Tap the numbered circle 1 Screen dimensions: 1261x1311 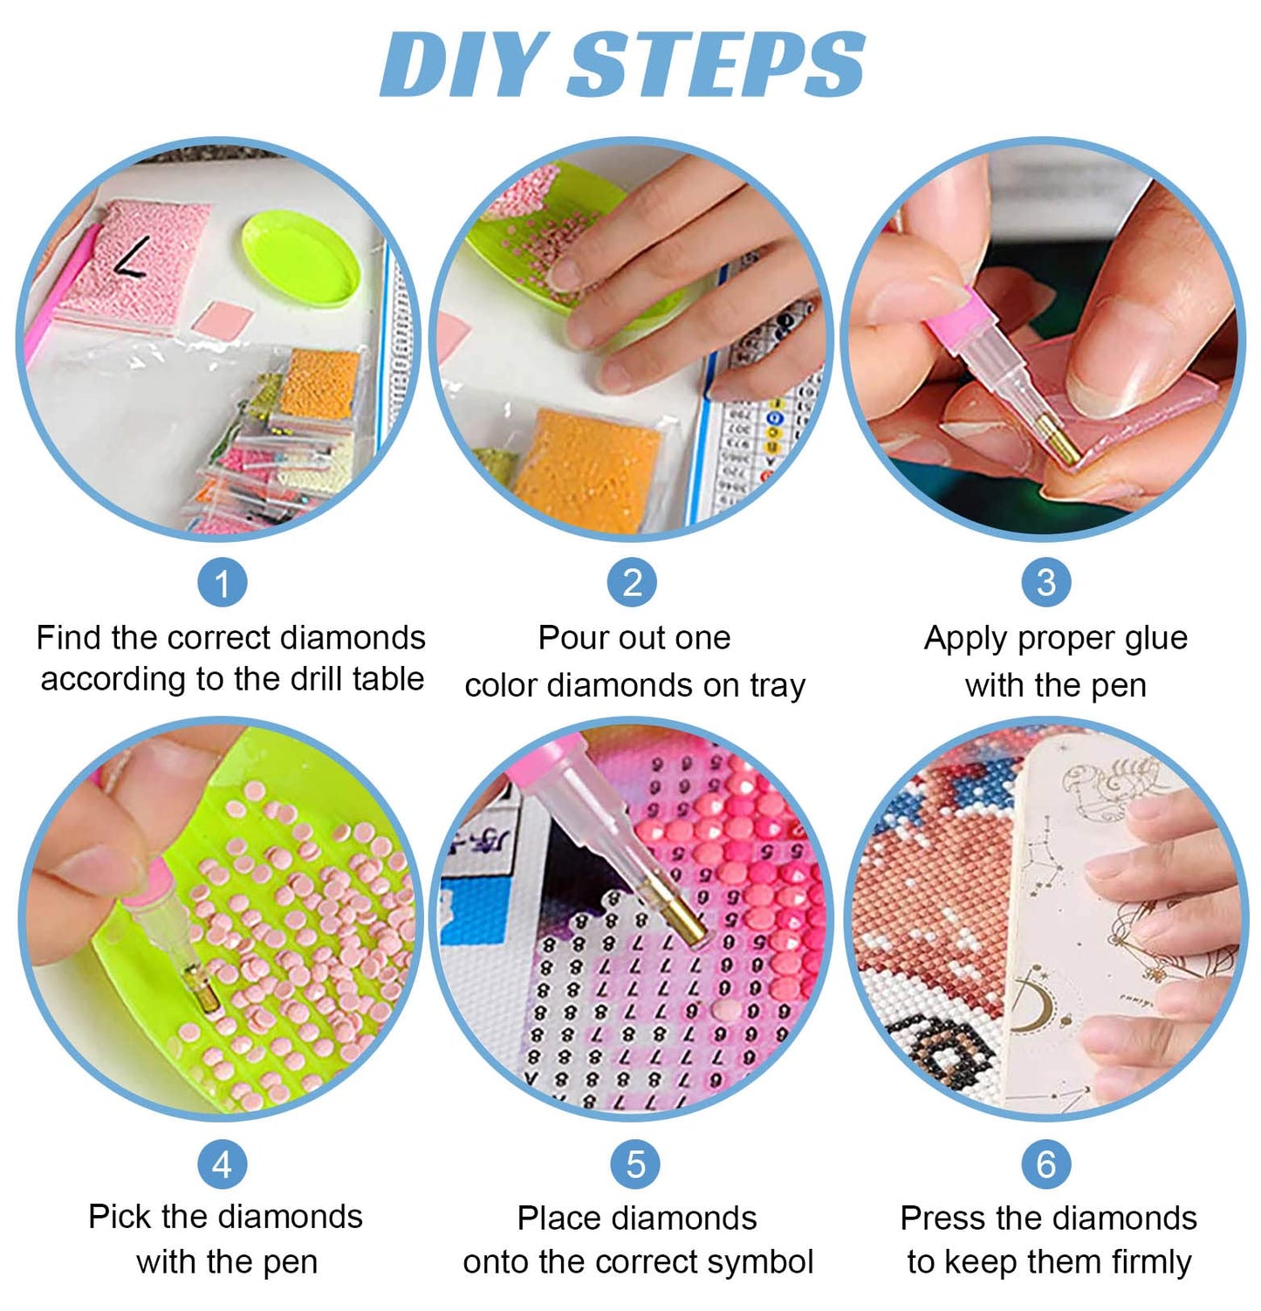point(223,582)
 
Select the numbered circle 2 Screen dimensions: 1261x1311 point(633,582)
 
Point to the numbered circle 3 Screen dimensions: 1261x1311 point(1046,582)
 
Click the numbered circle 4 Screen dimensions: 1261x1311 point(223,1163)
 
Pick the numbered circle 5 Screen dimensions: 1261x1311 point(636,1163)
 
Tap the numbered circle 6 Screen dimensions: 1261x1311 point(1046,1163)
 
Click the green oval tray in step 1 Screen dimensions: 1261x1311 point(300,260)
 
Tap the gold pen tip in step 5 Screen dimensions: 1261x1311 point(677,914)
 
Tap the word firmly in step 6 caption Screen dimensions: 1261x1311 point(1151,1263)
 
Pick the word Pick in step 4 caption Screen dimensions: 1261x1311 point(120,1216)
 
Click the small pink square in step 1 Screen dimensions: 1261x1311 point(223,318)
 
